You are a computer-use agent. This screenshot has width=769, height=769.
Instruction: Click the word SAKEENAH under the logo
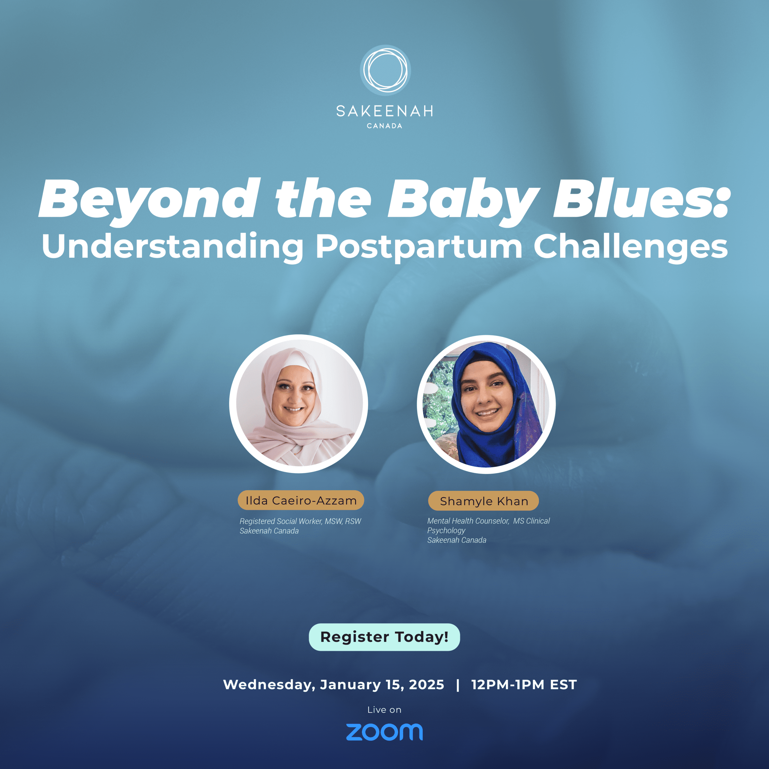[x=384, y=111]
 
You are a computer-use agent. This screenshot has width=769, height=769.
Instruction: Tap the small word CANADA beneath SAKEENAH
[x=384, y=126]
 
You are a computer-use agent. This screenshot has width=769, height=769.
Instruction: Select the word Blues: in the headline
[x=640, y=198]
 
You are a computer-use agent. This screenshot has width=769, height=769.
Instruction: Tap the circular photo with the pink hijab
[x=299, y=404]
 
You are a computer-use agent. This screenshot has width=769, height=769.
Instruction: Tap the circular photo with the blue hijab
[x=486, y=404]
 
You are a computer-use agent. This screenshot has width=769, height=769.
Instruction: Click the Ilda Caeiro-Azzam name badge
[x=301, y=500]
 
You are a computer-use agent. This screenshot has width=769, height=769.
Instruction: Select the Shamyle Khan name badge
[x=484, y=501]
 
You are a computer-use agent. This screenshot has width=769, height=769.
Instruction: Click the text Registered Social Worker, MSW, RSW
[x=300, y=521]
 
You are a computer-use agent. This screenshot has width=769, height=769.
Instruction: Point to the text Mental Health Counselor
[x=468, y=521]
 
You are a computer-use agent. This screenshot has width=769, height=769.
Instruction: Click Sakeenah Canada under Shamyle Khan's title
[x=457, y=540]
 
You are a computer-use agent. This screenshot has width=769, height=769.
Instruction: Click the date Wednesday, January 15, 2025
[x=333, y=685]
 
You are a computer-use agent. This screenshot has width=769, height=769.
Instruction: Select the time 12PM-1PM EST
[x=524, y=685]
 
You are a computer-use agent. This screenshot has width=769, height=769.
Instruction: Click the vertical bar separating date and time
[x=458, y=685]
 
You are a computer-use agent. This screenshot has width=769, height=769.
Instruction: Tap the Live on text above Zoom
[x=384, y=710]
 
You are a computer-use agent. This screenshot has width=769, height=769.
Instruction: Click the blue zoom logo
[x=384, y=732]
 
